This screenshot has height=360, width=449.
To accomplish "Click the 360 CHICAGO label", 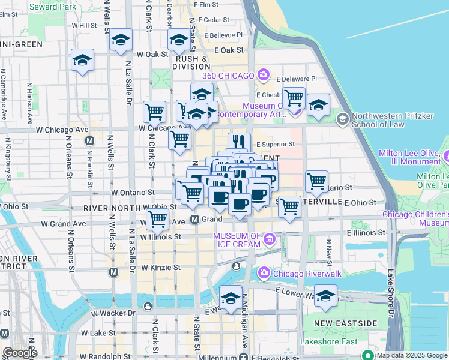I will tap(229, 75).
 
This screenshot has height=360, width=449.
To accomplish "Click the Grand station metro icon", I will tap(195, 220).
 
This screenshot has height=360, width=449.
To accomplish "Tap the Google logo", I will tap(19, 352).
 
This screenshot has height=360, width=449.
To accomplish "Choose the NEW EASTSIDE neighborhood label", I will tap(346, 323).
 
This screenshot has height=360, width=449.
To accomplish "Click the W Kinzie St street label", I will tap(160, 267).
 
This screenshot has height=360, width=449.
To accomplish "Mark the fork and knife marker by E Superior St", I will tap(239, 142).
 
